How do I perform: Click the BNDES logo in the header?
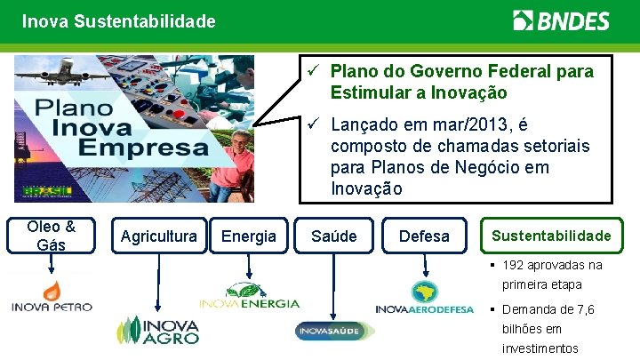click(561, 20)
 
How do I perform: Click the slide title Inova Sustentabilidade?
click(119, 20)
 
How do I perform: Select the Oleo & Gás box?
click(51, 236)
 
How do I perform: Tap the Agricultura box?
click(158, 236)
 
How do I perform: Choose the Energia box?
click(249, 236)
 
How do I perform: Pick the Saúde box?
click(334, 236)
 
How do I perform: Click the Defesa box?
click(424, 236)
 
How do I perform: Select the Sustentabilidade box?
click(551, 236)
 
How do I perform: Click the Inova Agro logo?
click(159, 330)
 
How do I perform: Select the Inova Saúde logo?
click(333, 331)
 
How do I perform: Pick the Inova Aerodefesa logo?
click(425, 298)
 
